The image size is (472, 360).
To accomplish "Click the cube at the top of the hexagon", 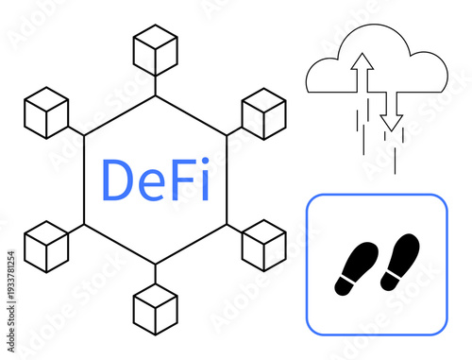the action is (156, 51).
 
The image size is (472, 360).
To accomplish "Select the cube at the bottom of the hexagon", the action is (156, 308).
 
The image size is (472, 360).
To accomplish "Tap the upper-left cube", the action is (46, 112).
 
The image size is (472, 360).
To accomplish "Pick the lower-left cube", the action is (46, 247).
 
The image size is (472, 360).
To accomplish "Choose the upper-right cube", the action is (264, 113).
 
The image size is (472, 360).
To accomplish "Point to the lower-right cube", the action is (264, 246).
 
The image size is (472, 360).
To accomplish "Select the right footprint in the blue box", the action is (399, 261).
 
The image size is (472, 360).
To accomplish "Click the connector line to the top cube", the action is (156, 85).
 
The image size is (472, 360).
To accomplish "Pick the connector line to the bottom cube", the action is (156, 274).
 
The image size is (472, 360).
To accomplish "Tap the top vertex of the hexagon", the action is (156, 95).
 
